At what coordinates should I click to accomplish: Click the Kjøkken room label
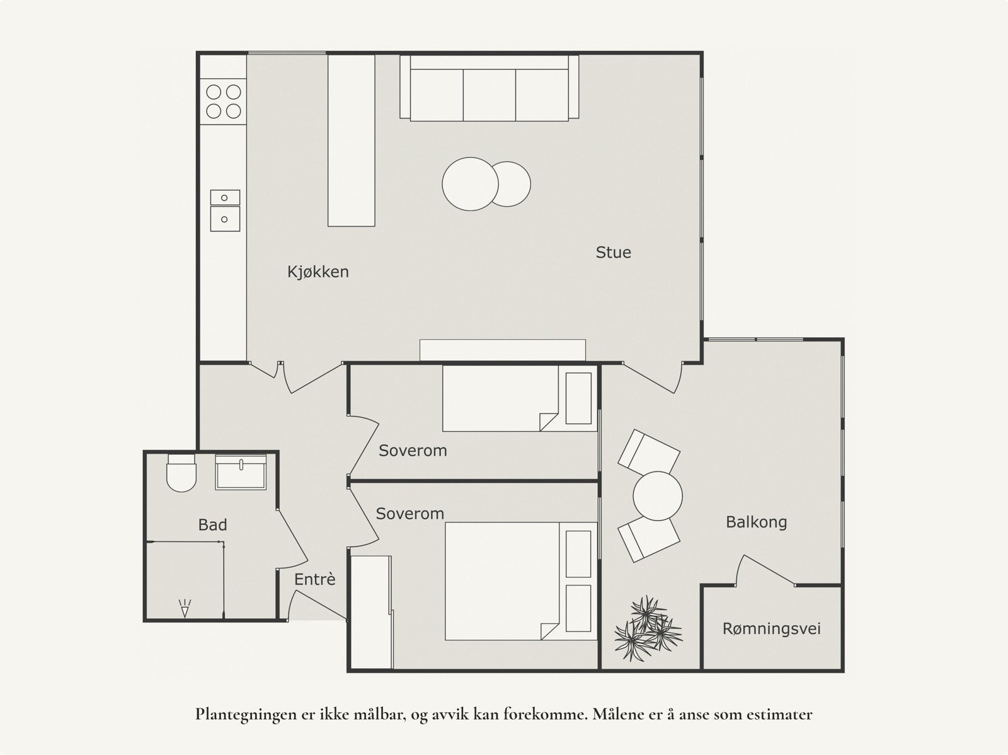[318, 272]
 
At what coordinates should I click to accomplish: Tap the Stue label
[613, 253]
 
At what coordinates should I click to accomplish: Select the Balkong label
[756, 522]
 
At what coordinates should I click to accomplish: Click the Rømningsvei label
[771, 628]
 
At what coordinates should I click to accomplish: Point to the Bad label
[212, 524]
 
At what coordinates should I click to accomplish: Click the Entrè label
[315, 579]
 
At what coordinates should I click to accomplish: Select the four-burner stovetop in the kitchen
[224, 102]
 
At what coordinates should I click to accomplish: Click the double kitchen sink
[225, 210]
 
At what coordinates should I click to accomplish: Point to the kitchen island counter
[351, 140]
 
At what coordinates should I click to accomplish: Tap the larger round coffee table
[469, 184]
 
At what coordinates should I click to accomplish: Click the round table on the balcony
[657, 496]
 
